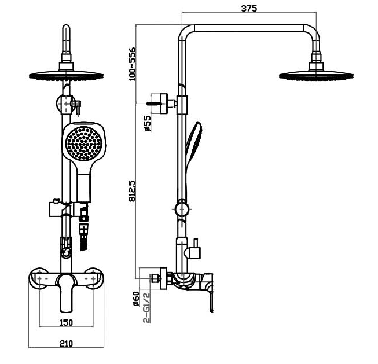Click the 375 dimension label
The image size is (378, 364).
[x=249, y=8]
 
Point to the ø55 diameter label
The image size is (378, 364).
[x=148, y=123]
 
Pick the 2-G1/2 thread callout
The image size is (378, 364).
[x=148, y=307]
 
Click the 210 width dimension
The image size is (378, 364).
[x=66, y=344]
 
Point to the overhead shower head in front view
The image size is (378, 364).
[x=66, y=75]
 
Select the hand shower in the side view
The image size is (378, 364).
[x=193, y=145]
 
